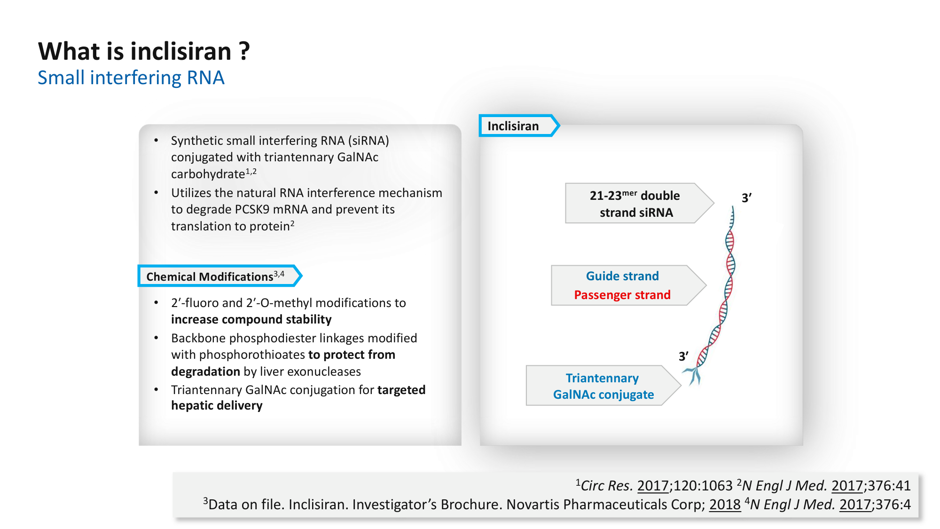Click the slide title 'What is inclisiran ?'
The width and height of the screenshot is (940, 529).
pyautogui.click(x=144, y=51)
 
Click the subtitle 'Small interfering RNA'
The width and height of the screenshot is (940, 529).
pyautogui.click(x=131, y=78)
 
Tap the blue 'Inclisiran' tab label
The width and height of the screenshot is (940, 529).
pyautogui.click(x=513, y=126)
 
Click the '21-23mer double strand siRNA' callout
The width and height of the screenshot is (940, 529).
pyautogui.click(x=635, y=204)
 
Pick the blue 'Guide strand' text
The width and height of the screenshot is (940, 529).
pyautogui.click(x=622, y=276)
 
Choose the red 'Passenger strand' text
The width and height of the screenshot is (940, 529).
pyautogui.click(x=622, y=295)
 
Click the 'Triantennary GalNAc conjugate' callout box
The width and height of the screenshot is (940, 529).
pyautogui.click(x=603, y=386)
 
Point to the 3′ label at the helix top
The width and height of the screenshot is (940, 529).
pyautogui.click(x=746, y=198)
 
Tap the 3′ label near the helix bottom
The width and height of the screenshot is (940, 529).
pyautogui.click(x=683, y=356)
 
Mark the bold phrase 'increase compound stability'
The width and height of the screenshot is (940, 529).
pyautogui.click(x=251, y=319)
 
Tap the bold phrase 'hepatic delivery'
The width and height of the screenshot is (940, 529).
pyautogui.click(x=217, y=405)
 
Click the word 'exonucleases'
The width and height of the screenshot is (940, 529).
pyautogui.click(x=324, y=371)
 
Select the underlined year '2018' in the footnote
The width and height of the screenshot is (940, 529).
pyautogui.click(x=725, y=505)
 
